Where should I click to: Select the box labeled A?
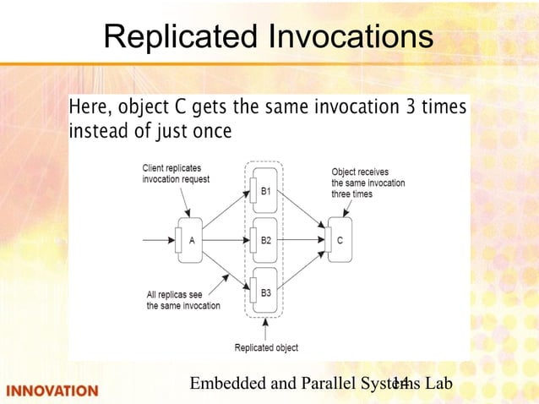coord(192,239)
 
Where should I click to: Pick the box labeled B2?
coord(264,239)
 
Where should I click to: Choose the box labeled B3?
coord(264,292)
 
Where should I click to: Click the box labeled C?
coord(339,239)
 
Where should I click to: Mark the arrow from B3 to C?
coord(302,270)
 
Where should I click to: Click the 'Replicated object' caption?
coord(266,347)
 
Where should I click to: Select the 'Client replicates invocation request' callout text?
coord(176,173)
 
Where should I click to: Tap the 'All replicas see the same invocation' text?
coord(183,300)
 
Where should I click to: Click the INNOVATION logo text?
coord(52,390)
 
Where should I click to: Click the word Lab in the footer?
coord(438,384)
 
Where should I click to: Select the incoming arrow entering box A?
coord(158,240)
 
